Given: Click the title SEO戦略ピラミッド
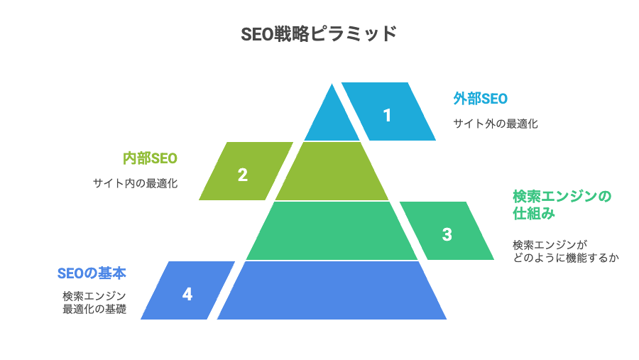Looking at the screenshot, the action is [319, 34].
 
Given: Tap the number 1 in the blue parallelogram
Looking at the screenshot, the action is [387, 115].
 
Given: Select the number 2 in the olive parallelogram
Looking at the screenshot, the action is [243, 175].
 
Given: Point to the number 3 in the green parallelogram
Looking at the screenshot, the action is [447, 234].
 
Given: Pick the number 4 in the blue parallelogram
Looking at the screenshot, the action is [187, 294].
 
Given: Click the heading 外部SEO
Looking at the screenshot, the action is [481, 99].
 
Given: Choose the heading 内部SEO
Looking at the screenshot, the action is [150, 158].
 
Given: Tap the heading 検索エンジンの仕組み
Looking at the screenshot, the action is [562, 204].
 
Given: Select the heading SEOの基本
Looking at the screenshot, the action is [92, 273].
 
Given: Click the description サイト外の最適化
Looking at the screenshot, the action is [496, 124].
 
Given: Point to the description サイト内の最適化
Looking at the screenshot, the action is [136, 183].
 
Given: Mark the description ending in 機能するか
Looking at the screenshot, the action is [566, 251].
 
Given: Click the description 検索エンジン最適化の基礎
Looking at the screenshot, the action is [94, 302].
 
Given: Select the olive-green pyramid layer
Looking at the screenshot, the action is [332, 171].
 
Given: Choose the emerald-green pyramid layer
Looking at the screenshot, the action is [332, 231].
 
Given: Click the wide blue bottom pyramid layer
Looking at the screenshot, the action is [332, 290].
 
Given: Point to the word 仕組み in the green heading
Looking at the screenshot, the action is [534, 213].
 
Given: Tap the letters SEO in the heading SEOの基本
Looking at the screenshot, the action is [70, 273].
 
